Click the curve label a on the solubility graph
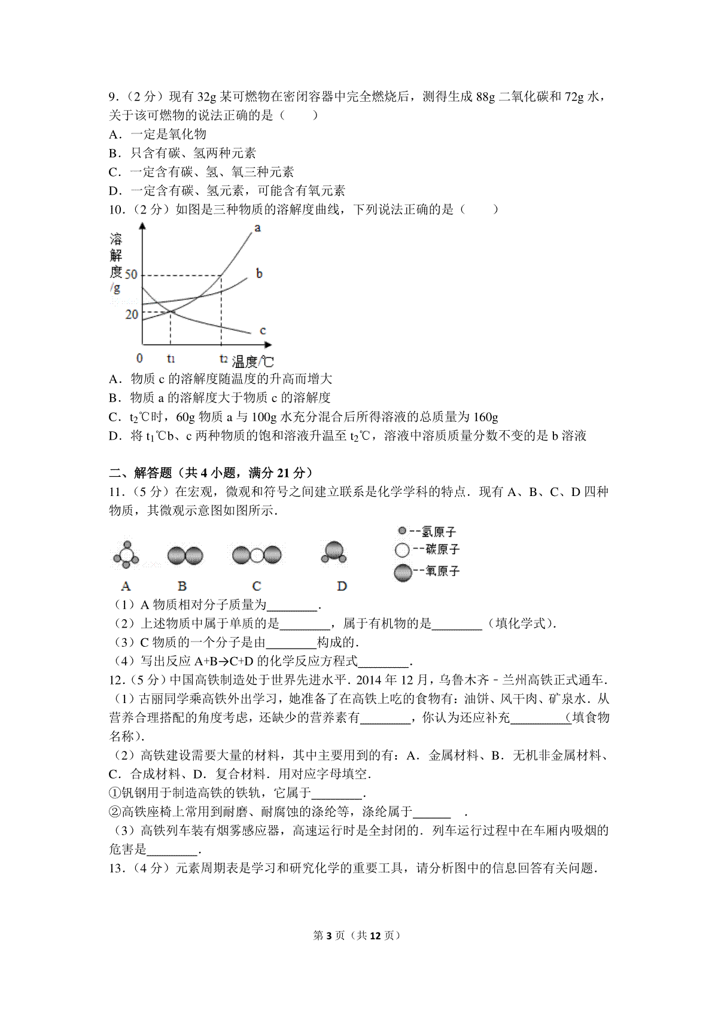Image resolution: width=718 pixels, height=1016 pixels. [257, 228]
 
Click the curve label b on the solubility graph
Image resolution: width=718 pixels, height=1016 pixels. [259, 273]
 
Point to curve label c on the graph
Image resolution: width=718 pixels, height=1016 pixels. [263, 330]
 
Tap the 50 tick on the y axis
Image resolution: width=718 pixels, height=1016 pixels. [130, 275]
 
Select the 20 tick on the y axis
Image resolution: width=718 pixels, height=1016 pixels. [132, 314]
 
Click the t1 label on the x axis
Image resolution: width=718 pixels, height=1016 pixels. [171, 359]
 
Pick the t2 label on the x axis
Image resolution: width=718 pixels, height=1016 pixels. [223, 359]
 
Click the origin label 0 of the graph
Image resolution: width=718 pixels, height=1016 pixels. [140, 358]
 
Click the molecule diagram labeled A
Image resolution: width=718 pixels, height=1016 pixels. [126, 556]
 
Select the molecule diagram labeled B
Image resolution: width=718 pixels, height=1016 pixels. [185, 556]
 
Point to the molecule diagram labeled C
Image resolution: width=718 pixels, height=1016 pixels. [257, 555]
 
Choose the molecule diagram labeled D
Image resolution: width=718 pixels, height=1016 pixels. [334, 553]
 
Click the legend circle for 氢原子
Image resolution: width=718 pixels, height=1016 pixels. [402, 531]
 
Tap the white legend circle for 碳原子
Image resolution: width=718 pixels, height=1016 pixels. [402, 550]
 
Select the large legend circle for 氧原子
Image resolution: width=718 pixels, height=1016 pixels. [403, 573]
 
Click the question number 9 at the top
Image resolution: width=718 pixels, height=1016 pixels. [112, 97]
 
